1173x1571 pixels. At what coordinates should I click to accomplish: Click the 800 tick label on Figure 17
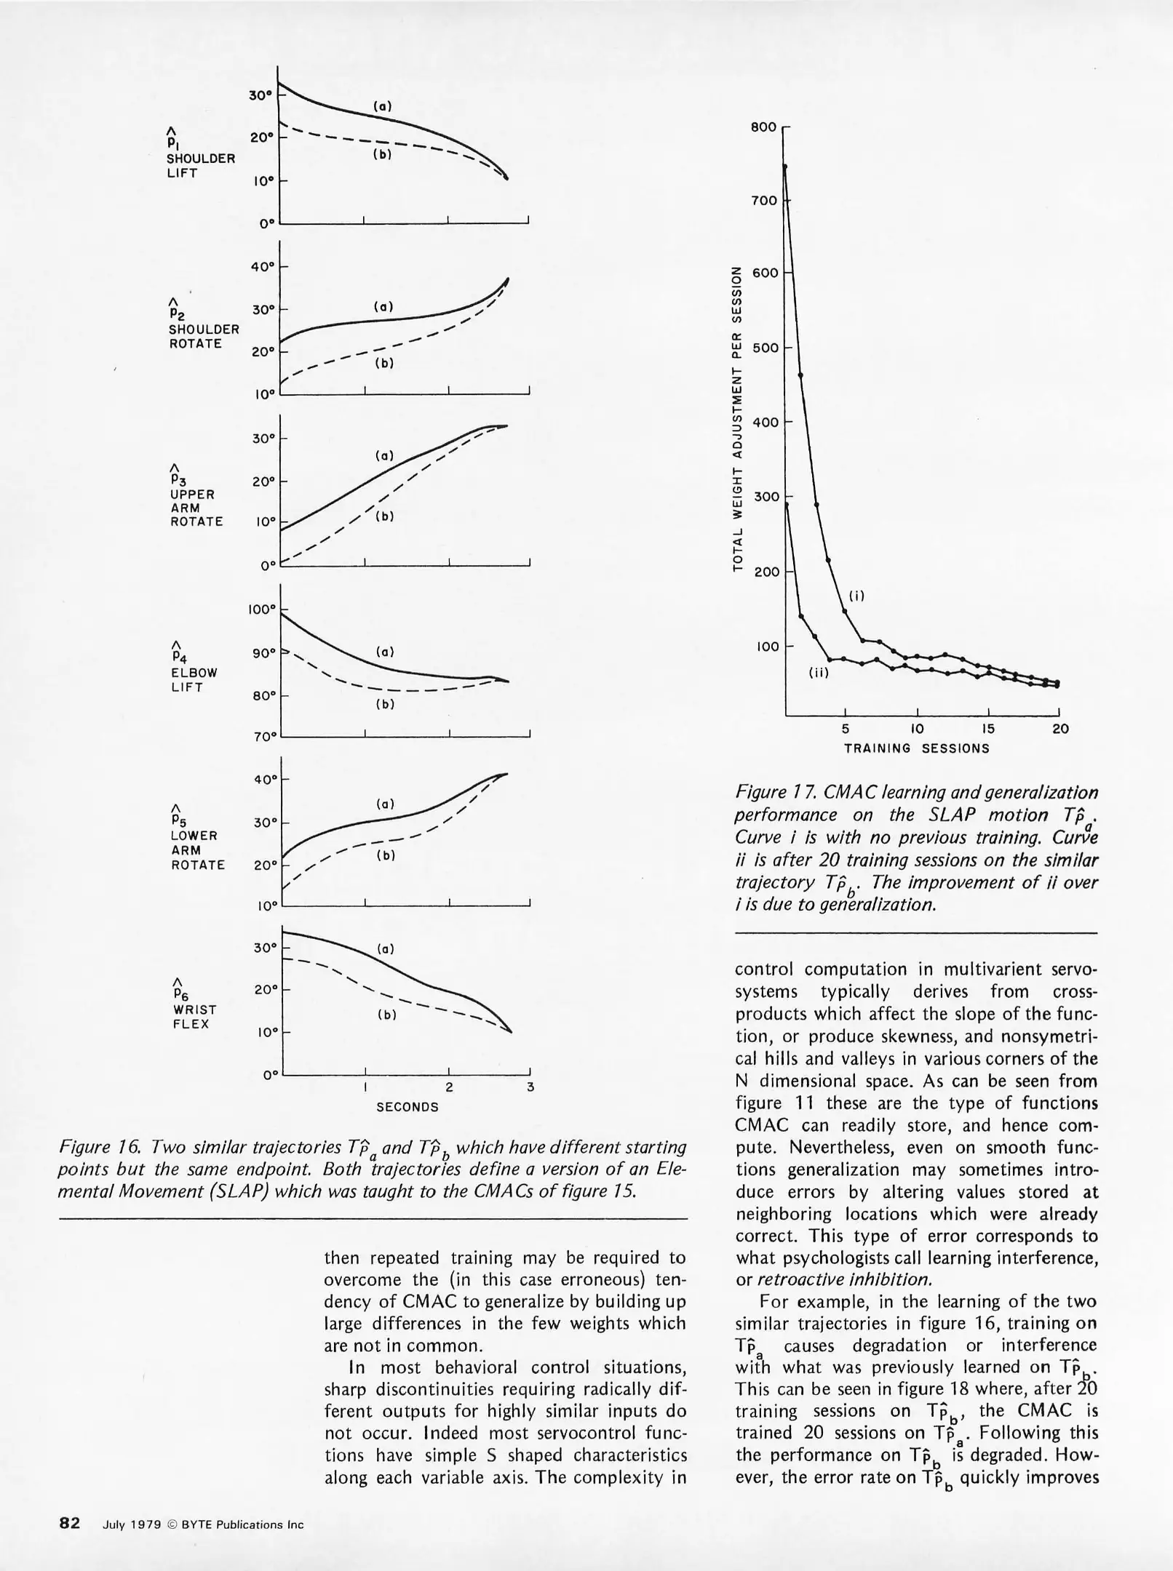[x=763, y=127]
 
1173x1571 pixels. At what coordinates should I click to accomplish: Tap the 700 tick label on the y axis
[x=763, y=201]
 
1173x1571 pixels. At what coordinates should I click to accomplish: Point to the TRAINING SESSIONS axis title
[x=916, y=748]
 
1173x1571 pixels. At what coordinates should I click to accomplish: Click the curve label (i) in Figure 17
[x=856, y=596]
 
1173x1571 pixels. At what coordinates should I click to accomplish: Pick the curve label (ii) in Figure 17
[x=819, y=673]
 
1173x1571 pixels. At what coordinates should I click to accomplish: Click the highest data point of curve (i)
[x=785, y=167]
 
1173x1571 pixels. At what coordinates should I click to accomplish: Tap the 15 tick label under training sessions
[x=987, y=729]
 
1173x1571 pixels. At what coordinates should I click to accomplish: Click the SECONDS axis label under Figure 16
[x=407, y=1107]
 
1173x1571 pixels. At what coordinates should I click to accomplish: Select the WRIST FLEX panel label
[x=191, y=1017]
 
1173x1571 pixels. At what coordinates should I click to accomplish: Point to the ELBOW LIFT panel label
[x=194, y=679]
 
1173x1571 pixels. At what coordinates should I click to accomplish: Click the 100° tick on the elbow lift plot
[x=260, y=609]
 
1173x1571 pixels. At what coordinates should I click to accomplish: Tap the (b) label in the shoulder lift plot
[x=382, y=155]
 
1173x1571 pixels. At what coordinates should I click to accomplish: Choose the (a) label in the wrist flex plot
[x=386, y=949]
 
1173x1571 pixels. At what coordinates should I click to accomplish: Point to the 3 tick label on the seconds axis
[x=530, y=1087]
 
